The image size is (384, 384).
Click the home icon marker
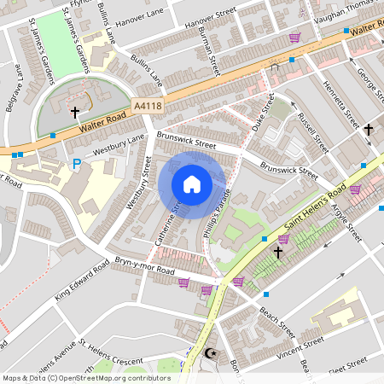(x=192, y=184)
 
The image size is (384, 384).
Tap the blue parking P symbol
(x=76, y=164)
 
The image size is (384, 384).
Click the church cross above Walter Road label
(x=75, y=111)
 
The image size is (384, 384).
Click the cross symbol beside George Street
(x=369, y=130)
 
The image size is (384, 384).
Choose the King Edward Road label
(x=82, y=281)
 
